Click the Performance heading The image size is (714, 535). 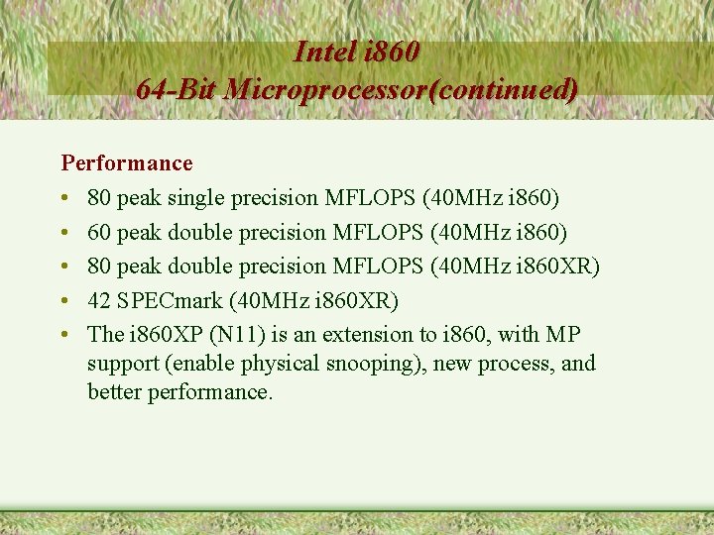pyautogui.click(x=127, y=162)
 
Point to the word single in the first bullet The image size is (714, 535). pyautogui.click(x=195, y=198)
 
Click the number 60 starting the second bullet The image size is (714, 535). pyautogui.click(x=99, y=233)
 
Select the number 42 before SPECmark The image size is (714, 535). pyautogui.click(x=99, y=300)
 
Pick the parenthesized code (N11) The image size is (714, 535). pyautogui.click(x=231, y=334)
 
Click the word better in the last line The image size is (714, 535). pyautogui.click(x=114, y=392)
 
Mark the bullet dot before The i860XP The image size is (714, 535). pyautogui.click(x=65, y=335)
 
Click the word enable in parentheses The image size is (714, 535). pyautogui.click(x=203, y=364)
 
